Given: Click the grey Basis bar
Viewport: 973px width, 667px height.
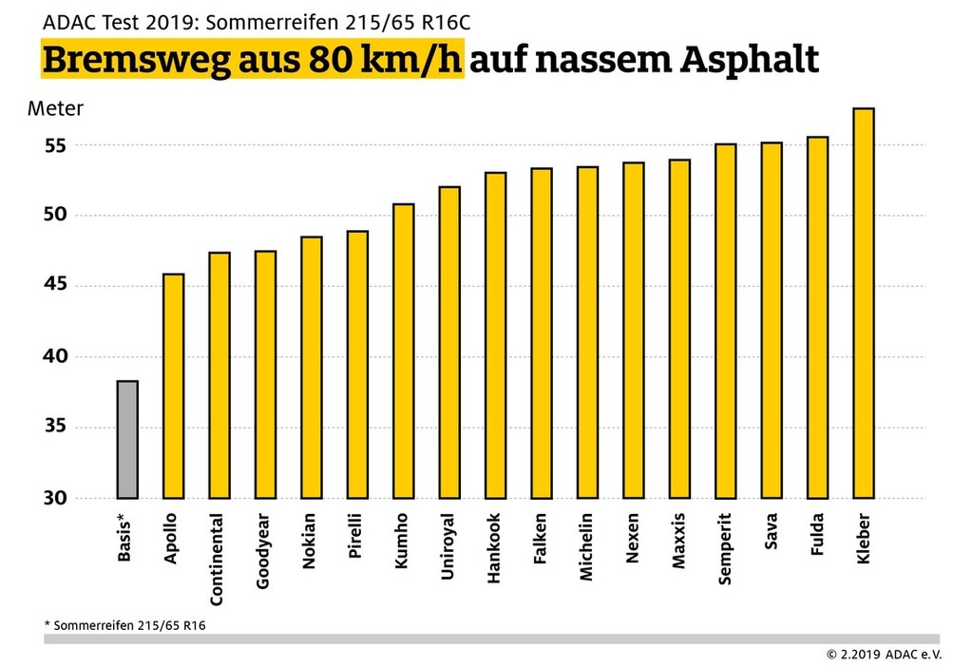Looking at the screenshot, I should point(127,439).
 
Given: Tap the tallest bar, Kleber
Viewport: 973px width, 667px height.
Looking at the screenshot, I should point(863,303).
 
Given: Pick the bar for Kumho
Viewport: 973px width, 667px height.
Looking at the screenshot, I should point(403,351).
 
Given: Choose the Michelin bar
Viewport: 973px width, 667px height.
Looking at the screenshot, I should point(587,333).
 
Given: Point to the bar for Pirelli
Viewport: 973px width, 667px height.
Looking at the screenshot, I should point(357,365).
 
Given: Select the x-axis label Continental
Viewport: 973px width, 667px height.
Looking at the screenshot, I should point(218,561).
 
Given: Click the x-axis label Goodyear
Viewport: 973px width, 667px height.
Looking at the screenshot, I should point(263,553).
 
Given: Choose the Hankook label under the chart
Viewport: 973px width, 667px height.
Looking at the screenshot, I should point(494,550).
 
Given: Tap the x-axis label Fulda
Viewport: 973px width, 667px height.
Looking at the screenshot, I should point(817,537).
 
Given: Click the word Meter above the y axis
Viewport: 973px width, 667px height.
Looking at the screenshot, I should point(55,108).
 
